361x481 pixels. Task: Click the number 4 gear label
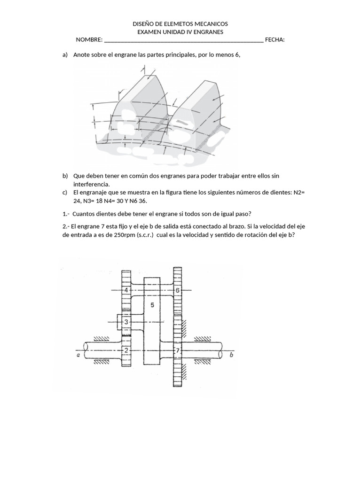pos(126,290)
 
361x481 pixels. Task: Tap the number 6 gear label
pos(178,290)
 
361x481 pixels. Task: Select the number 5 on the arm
pos(152,305)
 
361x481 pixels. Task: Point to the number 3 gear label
pos(126,322)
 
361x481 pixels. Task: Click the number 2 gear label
pos(126,350)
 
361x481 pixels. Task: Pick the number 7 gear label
pos(177,350)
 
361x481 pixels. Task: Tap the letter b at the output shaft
pos(231,356)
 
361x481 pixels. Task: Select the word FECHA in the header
pos(275,40)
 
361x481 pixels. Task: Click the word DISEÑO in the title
pos(144,23)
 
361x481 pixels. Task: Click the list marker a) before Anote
pos(65,55)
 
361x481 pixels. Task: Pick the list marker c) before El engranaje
pos(65,193)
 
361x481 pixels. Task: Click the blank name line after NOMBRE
pos(183,41)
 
